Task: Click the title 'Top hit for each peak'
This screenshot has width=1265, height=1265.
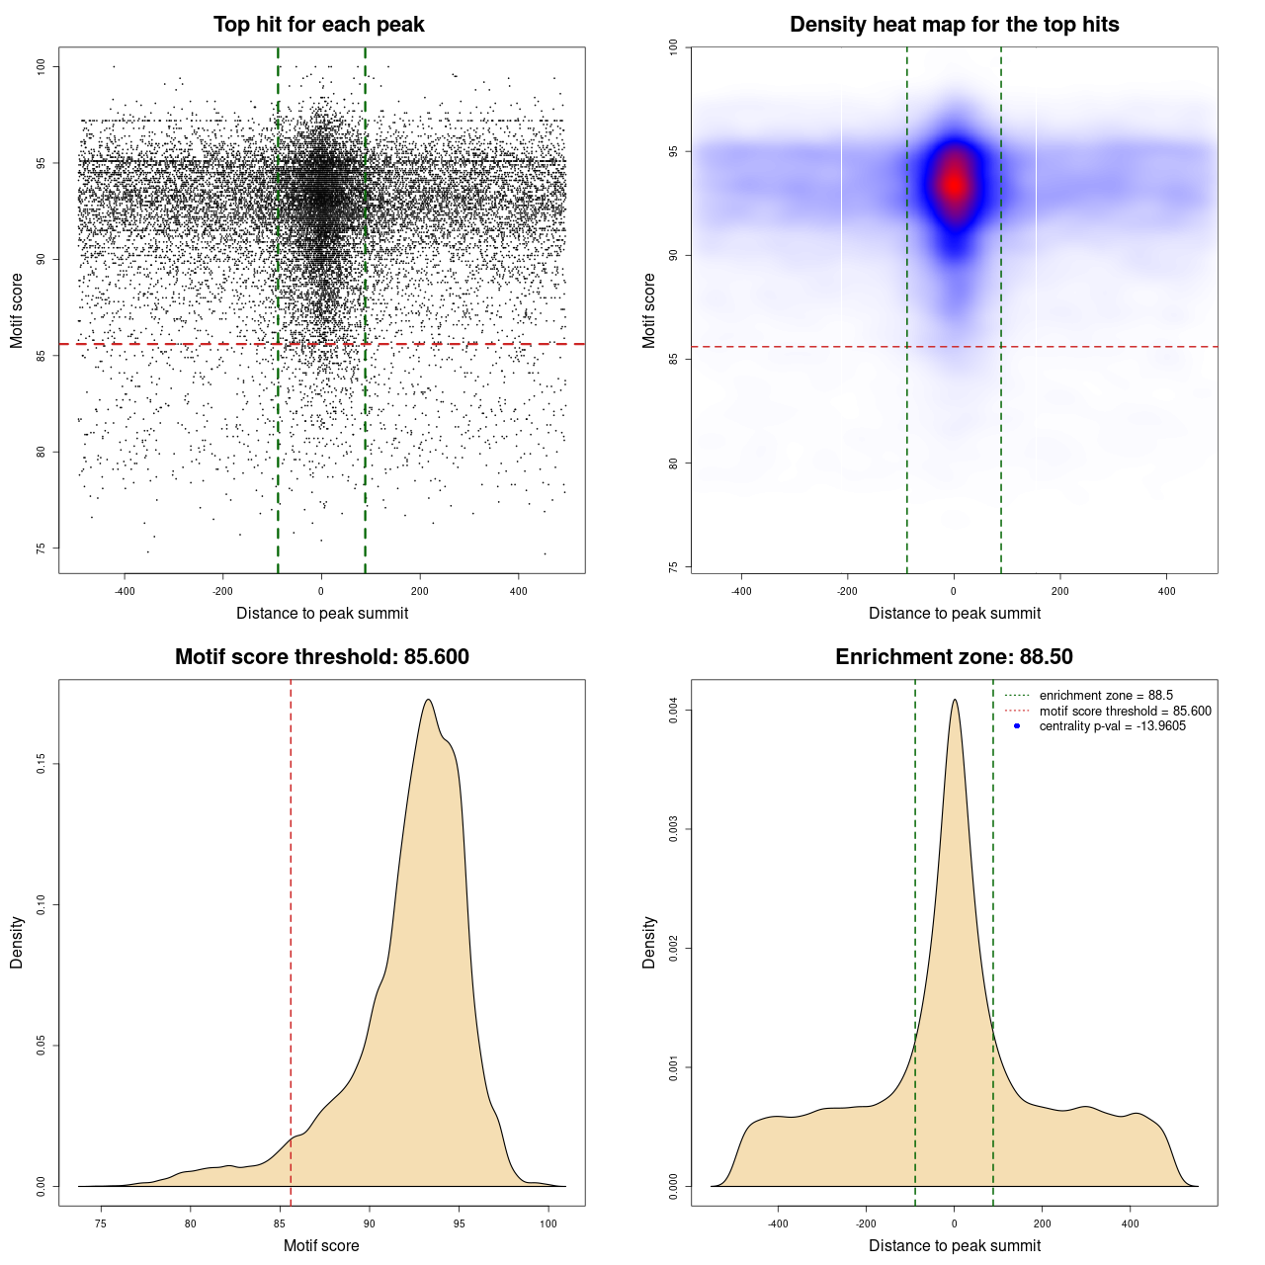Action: tap(318, 25)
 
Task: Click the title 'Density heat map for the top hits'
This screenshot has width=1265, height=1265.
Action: tap(954, 25)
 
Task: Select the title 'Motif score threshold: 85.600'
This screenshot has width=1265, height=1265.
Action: tap(321, 657)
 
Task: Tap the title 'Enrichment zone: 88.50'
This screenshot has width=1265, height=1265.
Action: tap(954, 657)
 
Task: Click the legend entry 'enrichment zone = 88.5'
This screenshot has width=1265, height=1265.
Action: tap(1106, 696)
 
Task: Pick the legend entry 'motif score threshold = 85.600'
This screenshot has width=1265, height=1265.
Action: tap(1125, 712)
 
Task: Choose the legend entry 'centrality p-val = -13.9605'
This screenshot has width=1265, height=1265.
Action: tap(1112, 726)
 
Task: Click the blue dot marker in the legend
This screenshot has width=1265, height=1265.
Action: tap(1017, 726)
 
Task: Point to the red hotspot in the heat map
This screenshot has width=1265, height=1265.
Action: tap(954, 184)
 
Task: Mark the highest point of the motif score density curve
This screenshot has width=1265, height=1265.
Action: tap(428, 700)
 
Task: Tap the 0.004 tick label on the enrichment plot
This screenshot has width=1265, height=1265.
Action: tap(674, 711)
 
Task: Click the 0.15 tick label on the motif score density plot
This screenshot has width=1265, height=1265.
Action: tap(42, 764)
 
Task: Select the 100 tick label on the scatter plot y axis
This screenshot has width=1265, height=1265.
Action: tap(42, 66)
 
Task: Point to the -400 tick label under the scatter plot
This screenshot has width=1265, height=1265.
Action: tap(125, 591)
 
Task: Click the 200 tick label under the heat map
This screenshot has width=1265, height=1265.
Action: tap(1060, 591)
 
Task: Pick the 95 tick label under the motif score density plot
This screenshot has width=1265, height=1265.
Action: tap(459, 1223)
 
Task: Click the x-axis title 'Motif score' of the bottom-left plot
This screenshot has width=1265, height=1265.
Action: tap(321, 1245)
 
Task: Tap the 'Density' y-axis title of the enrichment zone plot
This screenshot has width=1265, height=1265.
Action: tap(649, 942)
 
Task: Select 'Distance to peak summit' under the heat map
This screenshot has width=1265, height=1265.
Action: tap(954, 613)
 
